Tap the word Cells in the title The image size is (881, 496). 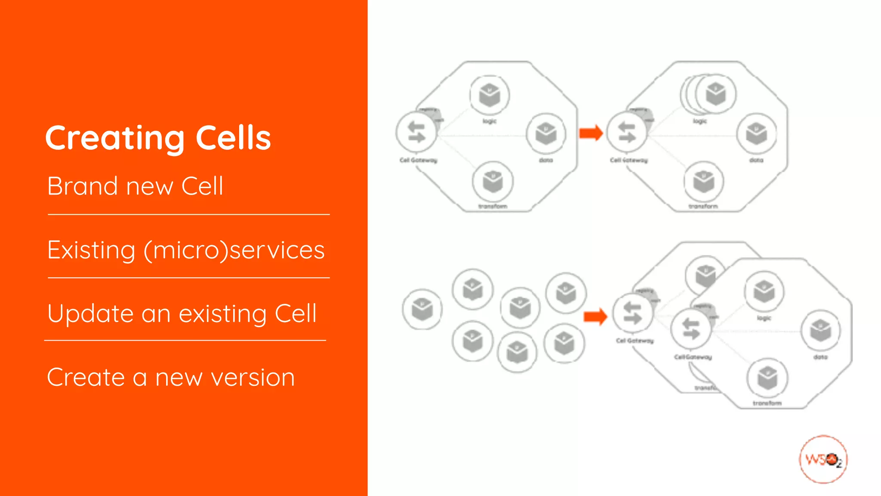[233, 138]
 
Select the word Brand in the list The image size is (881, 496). [82, 186]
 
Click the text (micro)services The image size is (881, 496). [234, 250]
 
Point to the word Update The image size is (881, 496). [90, 314]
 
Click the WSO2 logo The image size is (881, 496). [823, 459]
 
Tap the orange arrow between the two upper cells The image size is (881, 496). [591, 133]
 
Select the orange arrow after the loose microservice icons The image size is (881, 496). [595, 317]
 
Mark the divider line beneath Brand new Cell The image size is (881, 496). [188, 214]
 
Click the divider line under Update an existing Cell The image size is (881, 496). [185, 341]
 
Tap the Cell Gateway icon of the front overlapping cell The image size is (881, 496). [691, 329]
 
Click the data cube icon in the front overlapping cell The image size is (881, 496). [820, 331]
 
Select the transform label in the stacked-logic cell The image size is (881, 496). [703, 207]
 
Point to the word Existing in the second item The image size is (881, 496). [91, 250]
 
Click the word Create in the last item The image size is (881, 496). [86, 378]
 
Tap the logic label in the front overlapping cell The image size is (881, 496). [764, 318]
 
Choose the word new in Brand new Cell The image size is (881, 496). [149, 187]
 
